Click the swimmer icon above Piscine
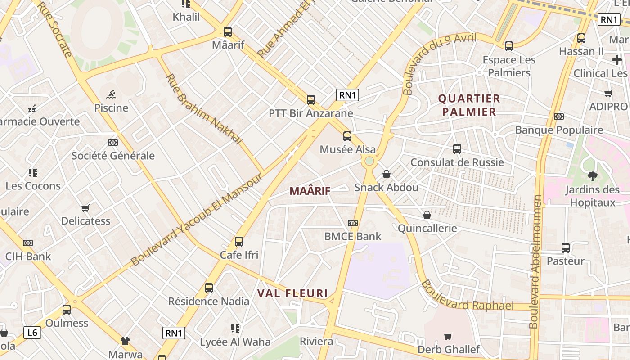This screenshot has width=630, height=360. tap(111, 94)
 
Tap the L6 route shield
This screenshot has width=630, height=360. tap(32, 333)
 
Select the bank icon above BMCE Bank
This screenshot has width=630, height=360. tap(353, 223)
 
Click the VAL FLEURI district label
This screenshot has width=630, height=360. tap(292, 293)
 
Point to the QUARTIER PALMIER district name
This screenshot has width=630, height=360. tap(469, 105)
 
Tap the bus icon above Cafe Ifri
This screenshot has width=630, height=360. tap(239, 242)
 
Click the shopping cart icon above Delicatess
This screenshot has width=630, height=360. tap(85, 208)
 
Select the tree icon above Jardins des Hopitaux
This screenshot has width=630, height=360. tap(592, 176)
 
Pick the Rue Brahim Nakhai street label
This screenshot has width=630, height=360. tap(203, 109)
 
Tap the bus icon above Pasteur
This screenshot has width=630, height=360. tap(566, 247)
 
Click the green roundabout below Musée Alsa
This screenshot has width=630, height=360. tap(369, 161)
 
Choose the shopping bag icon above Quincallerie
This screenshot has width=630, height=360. tap(427, 215)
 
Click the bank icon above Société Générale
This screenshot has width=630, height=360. tap(113, 143)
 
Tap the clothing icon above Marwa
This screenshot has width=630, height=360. tap(125, 341)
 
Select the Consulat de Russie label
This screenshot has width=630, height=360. tap(457, 162)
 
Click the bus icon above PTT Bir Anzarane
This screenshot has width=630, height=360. tap(311, 100)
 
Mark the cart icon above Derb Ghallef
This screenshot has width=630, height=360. tap(448, 336)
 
